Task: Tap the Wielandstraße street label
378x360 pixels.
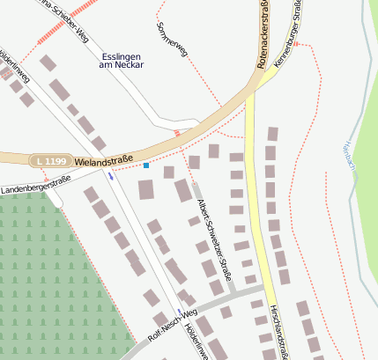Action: click(x=104, y=163)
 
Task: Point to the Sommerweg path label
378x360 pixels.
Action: click(x=171, y=40)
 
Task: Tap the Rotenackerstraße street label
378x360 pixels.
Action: click(x=262, y=35)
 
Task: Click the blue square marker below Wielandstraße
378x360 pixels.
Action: click(x=146, y=165)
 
